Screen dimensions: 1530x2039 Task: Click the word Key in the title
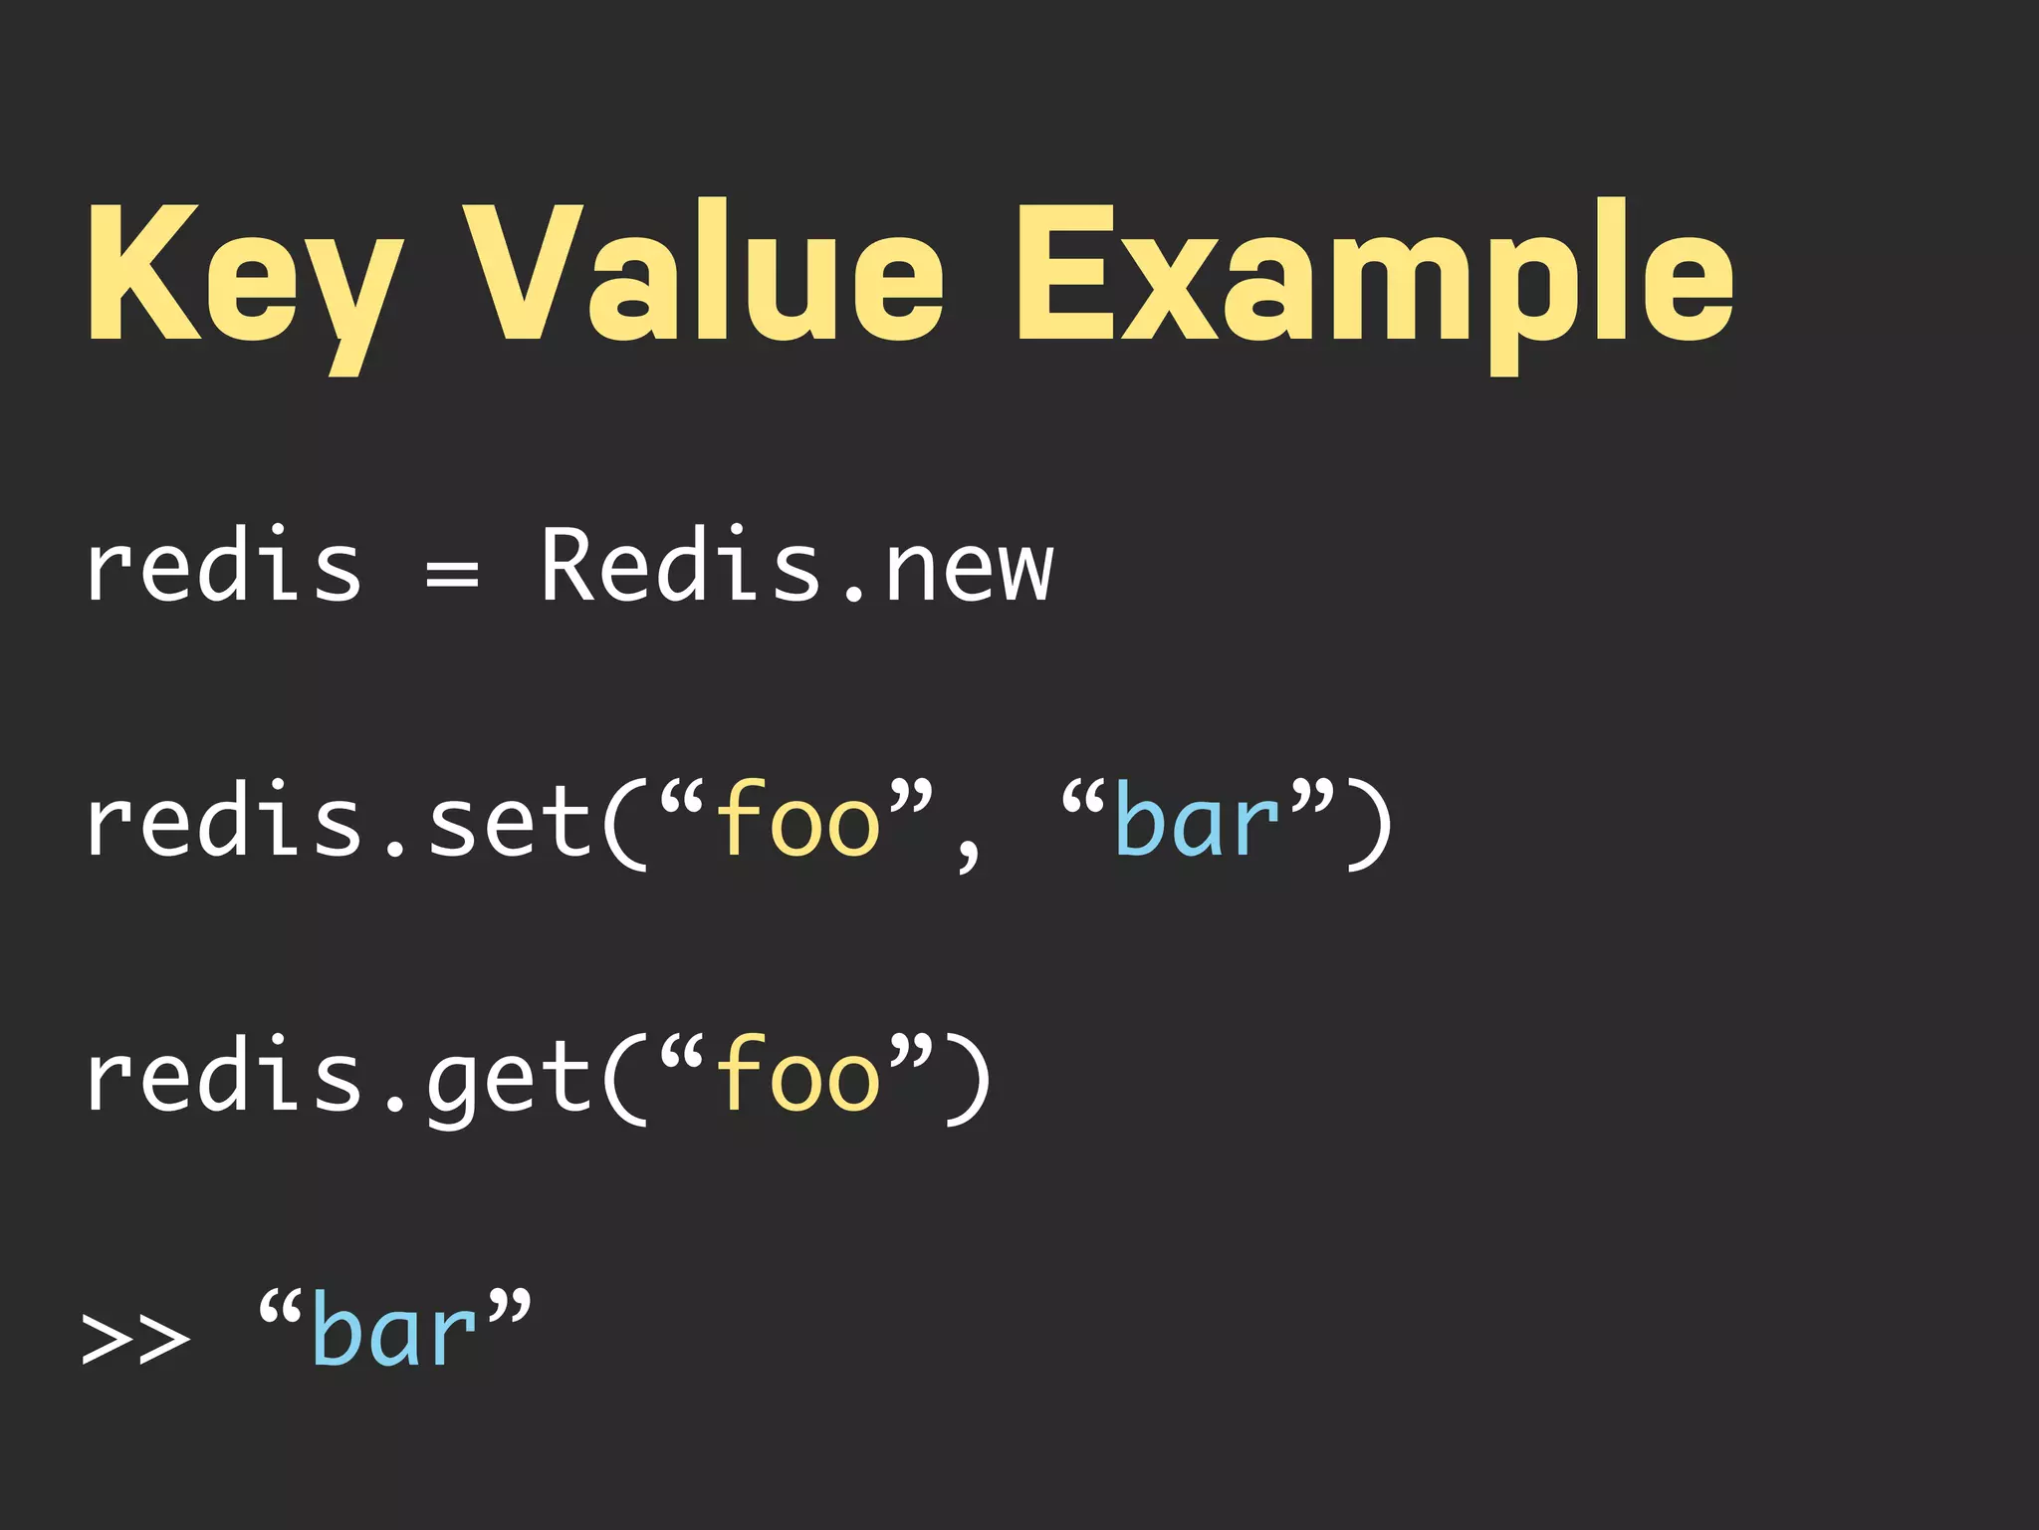(244, 274)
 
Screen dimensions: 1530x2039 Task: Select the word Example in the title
(1374, 274)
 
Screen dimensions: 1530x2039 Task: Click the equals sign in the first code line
(452, 574)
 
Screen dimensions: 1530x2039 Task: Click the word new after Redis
(968, 572)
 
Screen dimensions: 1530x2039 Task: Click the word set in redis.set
(510, 823)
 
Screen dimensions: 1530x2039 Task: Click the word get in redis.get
(510, 1082)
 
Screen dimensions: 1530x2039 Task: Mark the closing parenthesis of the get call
(968, 1080)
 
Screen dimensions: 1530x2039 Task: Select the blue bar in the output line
(394, 1331)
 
